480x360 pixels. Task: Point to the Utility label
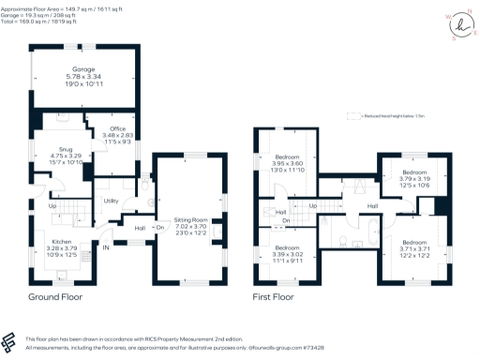[x=111, y=201]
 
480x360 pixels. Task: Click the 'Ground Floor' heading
[x=54, y=297]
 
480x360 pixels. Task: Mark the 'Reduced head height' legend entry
[x=383, y=117]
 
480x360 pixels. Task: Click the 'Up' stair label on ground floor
[x=52, y=205]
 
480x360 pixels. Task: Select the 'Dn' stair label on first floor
[x=286, y=220]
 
